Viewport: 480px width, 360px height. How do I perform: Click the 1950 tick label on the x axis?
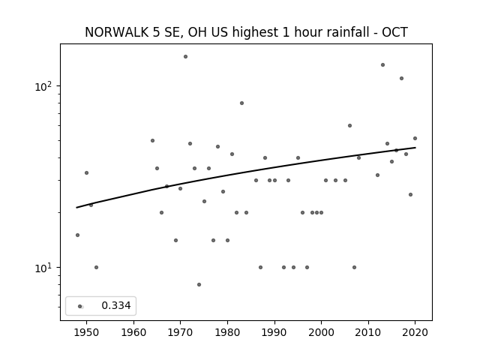click(x=86, y=332)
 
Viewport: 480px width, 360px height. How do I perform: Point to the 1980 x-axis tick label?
click(x=227, y=332)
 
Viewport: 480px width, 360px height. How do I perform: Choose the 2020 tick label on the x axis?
click(x=415, y=332)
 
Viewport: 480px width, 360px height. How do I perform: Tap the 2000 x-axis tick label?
click(x=321, y=332)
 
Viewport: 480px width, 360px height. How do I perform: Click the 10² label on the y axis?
click(x=43, y=86)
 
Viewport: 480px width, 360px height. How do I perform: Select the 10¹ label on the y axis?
click(x=43, y=268)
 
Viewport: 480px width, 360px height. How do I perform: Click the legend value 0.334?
click(x=116, y=305)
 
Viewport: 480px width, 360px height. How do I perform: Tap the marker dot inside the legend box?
click(x=80, y=306)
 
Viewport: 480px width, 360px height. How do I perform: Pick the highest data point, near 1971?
click(x=185, y=57)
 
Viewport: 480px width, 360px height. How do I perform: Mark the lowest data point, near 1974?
click(x=199, y=285)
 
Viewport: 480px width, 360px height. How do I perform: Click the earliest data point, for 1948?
click(x=77, y=235)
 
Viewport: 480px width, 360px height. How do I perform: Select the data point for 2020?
click(x=415, y=138)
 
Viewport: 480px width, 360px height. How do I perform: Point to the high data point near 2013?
click(x=382, y=65)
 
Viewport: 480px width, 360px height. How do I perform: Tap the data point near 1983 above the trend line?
click(x=241, y=103)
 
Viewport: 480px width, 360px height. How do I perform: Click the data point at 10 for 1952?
click(x=96, y=267)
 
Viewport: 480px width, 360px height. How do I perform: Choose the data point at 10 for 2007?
click(x=354, y=267)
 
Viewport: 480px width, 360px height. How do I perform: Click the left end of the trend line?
click(x=76, y=208)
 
